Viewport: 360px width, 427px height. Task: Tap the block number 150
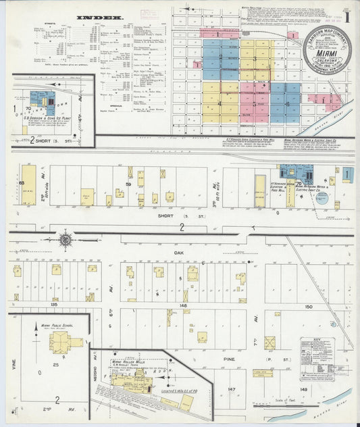click(x=309, y=306)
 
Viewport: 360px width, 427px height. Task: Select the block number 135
click(x=53, y=305)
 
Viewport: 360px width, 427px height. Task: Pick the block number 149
click(x=303, y=389)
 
